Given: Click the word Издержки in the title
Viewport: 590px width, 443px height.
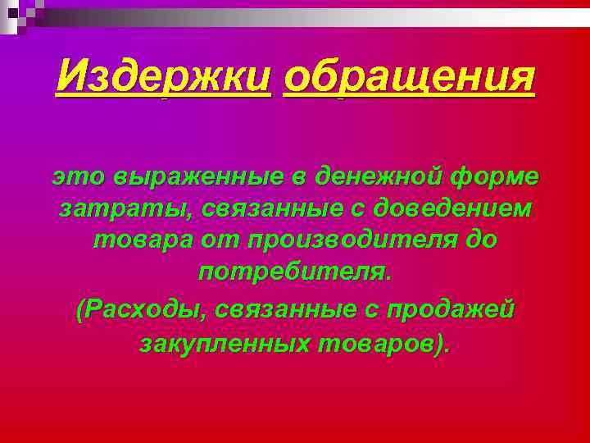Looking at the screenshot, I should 163,80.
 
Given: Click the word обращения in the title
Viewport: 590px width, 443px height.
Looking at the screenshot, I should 409,80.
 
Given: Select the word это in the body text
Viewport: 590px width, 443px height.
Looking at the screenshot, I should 76,176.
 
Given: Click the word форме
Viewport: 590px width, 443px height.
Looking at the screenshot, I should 496,176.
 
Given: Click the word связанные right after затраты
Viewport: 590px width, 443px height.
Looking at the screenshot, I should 269,209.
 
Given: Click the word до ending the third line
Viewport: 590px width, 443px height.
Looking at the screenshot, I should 479,242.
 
